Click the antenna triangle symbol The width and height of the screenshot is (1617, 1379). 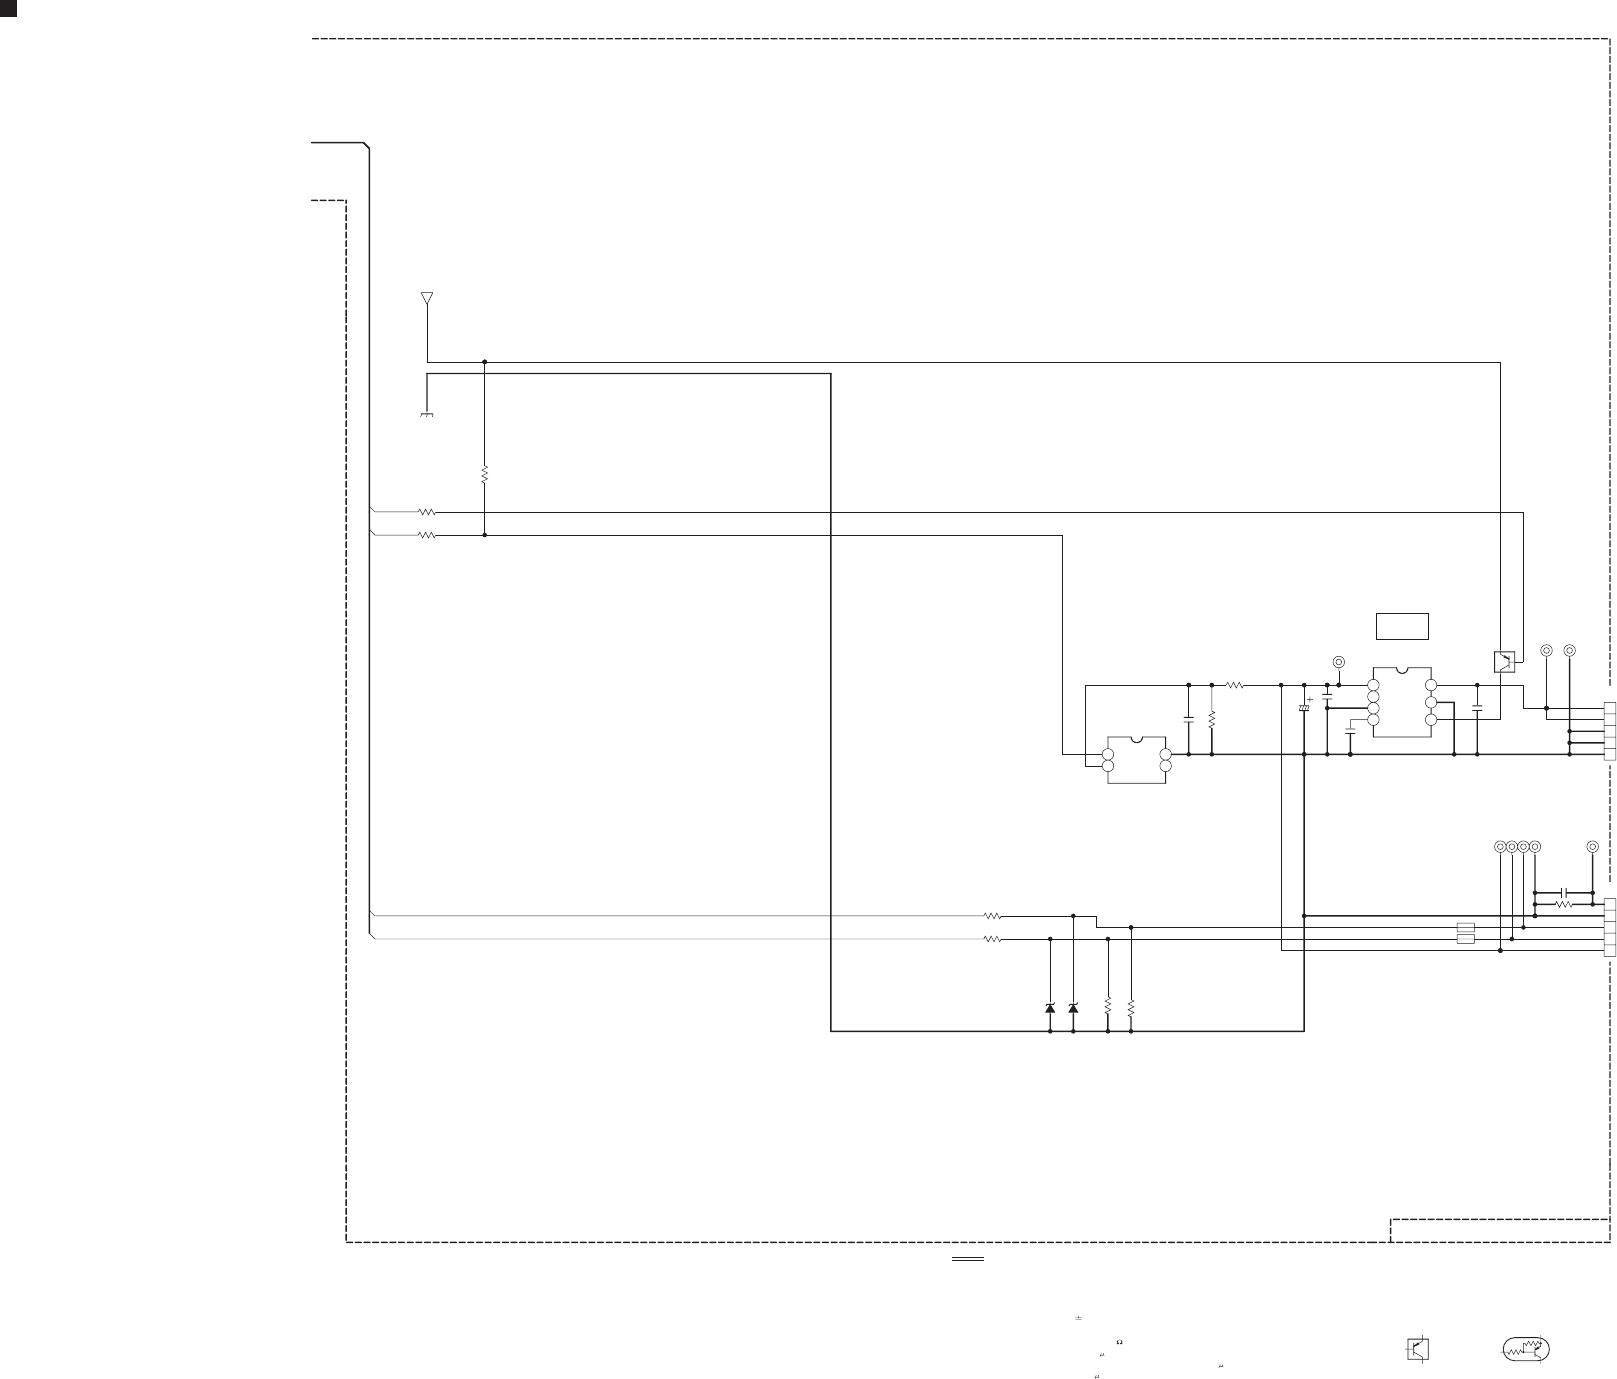point(427,298)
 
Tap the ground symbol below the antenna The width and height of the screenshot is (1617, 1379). point(427,413)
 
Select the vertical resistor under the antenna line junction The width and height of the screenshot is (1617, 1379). point(484,474)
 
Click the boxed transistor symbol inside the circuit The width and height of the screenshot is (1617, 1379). point(1504,662)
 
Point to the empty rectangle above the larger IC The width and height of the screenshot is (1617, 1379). point(1402,626)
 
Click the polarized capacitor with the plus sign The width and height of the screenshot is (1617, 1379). point(1304,708)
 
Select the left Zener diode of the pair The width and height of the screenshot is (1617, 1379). point(1050,1007)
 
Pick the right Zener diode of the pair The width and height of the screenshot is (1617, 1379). point(1073,1007)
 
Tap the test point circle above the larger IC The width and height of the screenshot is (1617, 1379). point(1339,662)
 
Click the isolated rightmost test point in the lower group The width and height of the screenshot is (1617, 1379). point(1593,847)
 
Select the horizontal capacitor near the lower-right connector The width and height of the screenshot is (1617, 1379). point(1565,891)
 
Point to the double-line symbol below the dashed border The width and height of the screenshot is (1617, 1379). point(967,1259)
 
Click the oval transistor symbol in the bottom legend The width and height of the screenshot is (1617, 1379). point(1526,1349)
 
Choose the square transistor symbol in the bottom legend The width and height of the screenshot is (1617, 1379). point(1417,1349)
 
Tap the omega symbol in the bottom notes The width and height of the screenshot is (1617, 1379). point(1119,1342)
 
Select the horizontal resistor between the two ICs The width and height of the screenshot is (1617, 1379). point(1234,685)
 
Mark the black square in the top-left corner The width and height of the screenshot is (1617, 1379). point(8,8)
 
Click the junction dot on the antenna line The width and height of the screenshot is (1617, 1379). point(484,362)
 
